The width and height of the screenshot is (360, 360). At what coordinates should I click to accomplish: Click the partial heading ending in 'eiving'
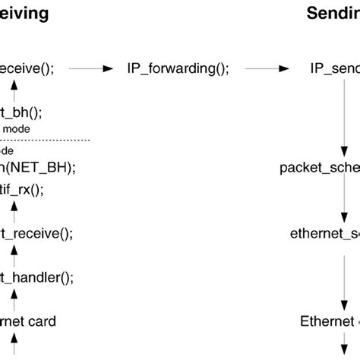click(24, 13)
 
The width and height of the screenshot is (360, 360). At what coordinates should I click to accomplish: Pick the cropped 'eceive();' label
click(27, 68)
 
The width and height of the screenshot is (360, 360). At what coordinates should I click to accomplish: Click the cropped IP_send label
click(334, 68)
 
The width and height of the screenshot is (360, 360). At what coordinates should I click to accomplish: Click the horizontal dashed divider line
click(46, 140)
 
